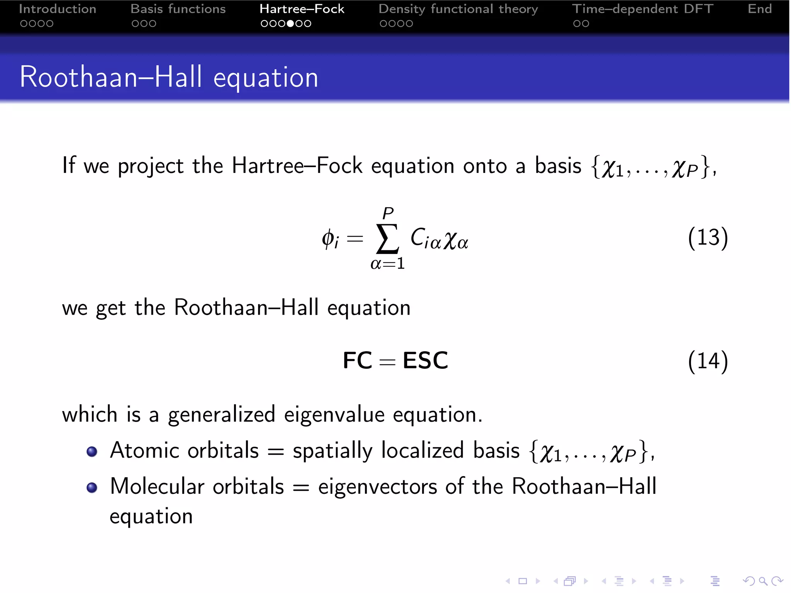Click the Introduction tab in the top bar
click(x=58, y=9)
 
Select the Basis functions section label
click(x=178, y=9)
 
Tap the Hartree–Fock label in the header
click(x=302, y=9)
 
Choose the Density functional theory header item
click(x=458, y=9)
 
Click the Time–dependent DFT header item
click(x=642, y=9)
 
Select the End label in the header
click(x=759, y=9)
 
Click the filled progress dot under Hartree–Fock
click(x=290, y=24)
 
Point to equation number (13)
click(x=708, y=237)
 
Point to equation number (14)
click(x=708, y=361)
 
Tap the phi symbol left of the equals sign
click(x=328, y=238)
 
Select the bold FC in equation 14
click(x=357, y=361)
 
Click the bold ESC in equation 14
click(x=425, y=361)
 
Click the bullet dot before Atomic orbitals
click(x=92, y=451)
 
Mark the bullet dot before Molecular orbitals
click(x=92, y=487)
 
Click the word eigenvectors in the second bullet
click(x=377, y=486)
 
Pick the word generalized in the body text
click(x=221, y=415)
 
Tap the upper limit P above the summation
click(x=388, y=213)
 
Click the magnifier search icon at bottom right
click(x=763, y=581)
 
